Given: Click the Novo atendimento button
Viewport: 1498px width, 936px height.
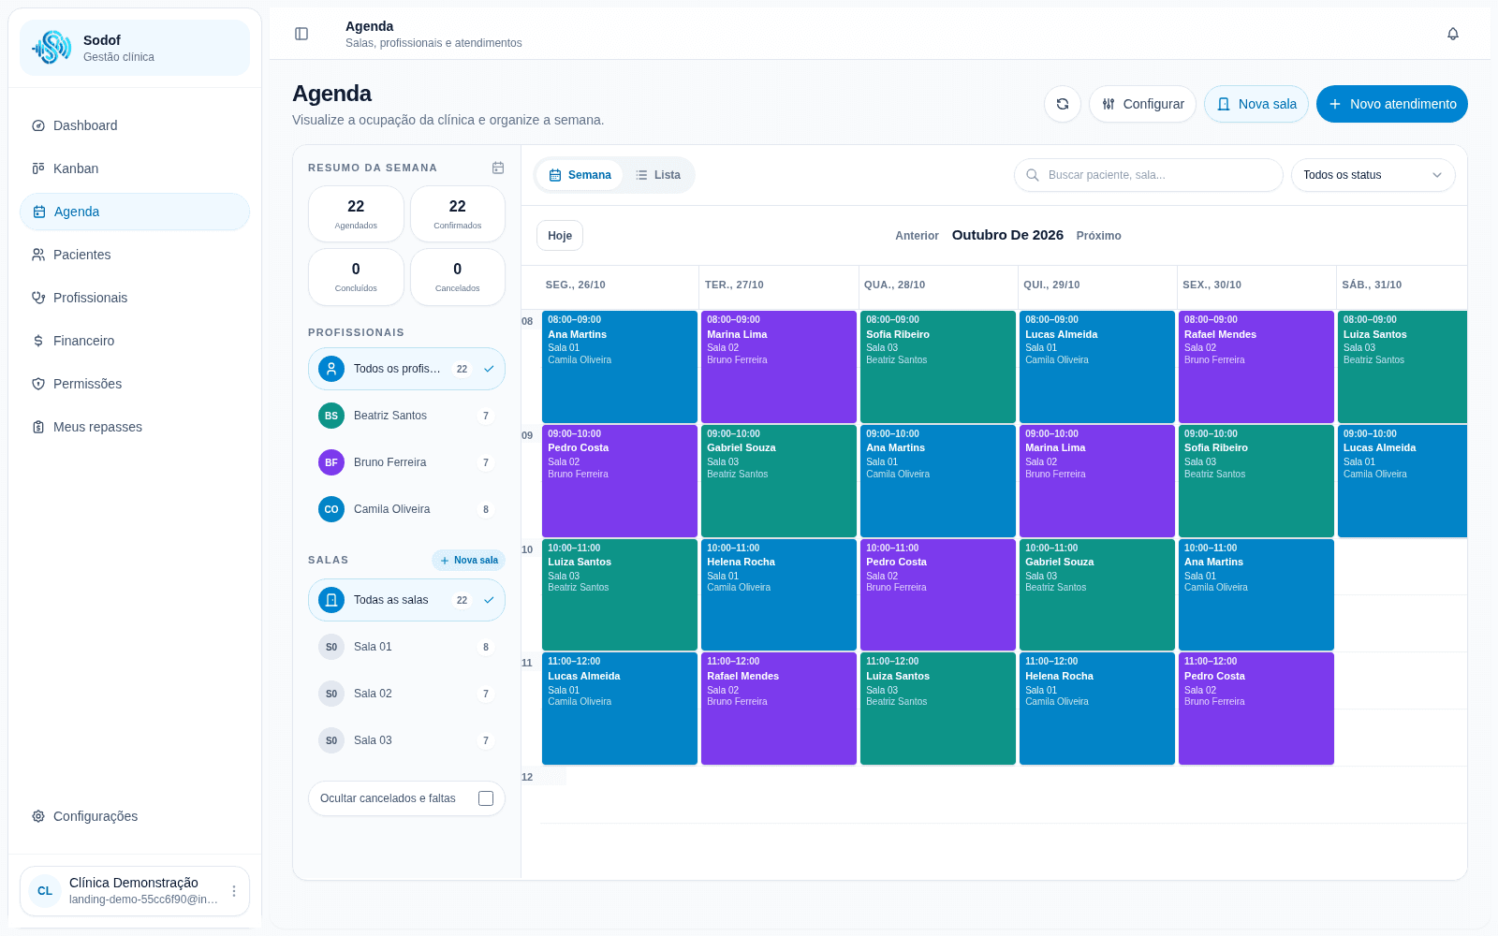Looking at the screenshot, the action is (1391, 104).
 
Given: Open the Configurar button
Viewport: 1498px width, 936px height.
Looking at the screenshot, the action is (1142, 104).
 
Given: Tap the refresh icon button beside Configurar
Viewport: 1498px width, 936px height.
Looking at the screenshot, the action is (1062, 104).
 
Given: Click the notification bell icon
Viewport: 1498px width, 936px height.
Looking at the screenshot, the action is (1452, 34).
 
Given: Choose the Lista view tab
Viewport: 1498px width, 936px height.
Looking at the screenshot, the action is (658, 175).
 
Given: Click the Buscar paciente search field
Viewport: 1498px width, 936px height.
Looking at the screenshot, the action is (1148, 175).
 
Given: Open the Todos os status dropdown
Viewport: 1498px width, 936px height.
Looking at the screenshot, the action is (1373, 175).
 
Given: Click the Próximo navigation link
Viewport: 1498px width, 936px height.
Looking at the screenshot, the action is (1098, 235).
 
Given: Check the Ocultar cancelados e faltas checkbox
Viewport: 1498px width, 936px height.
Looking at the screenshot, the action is (486, 798).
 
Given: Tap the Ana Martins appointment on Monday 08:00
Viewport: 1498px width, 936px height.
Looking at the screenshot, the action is (619, 366).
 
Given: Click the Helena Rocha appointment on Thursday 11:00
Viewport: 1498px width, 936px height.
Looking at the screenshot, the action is (1096, 709).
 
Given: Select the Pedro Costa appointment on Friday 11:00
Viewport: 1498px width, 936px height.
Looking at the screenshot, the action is (1256, 709).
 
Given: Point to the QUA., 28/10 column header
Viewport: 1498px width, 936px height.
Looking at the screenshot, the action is (894, 285).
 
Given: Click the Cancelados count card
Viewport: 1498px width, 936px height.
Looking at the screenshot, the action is (458, 277).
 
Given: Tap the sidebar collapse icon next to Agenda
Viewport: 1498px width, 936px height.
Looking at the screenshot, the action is (301, 34).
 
